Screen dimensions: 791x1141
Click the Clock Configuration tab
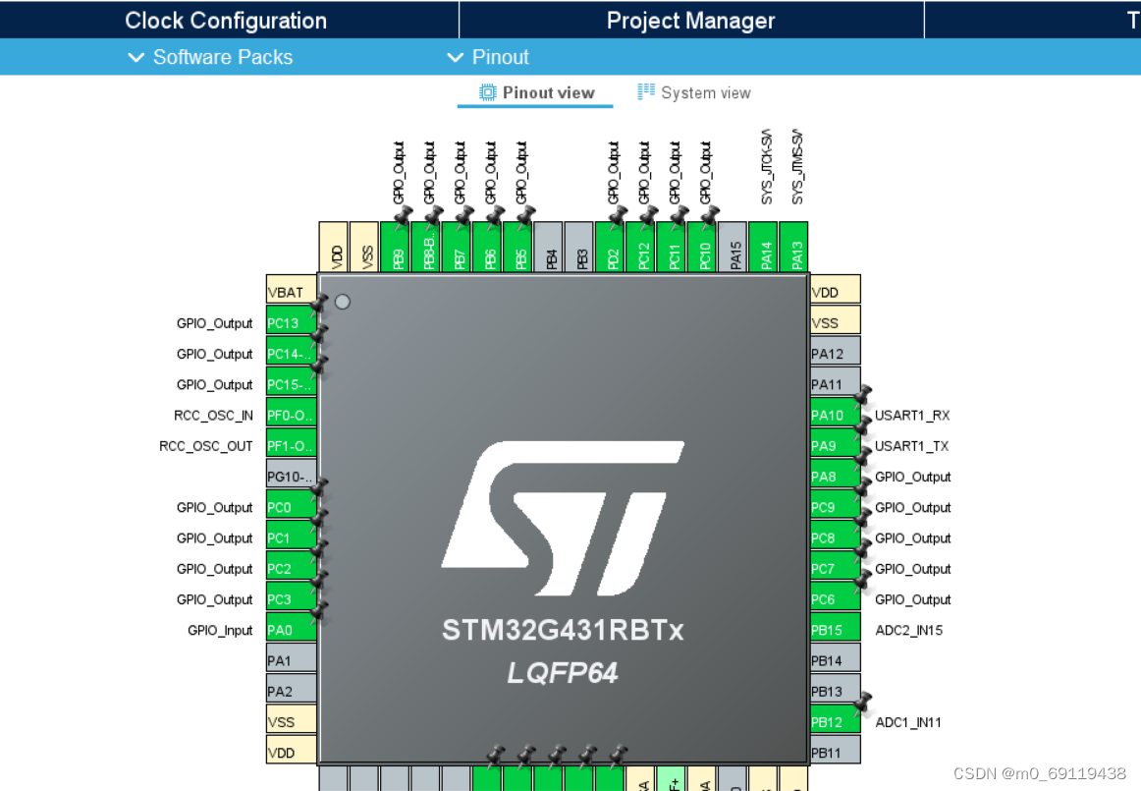point(226,21)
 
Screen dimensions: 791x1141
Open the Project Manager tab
point(690,21)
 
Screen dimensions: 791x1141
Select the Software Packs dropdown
point(211,57)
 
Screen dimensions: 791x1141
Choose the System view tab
point(694,93)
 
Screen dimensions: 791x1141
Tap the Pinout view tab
point(536,93)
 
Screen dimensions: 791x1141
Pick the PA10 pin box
point(835,415)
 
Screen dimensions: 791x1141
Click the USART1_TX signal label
point(912,446)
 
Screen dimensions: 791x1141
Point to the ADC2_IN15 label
point(908,630)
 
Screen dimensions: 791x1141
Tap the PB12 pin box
point(835,722)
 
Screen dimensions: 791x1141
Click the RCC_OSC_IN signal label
point(213,416)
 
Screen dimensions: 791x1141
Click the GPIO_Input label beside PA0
point(220,630)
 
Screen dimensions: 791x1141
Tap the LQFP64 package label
point(562,673)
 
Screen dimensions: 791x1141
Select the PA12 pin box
point(835,354)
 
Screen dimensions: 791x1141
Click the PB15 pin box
point(835,630)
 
